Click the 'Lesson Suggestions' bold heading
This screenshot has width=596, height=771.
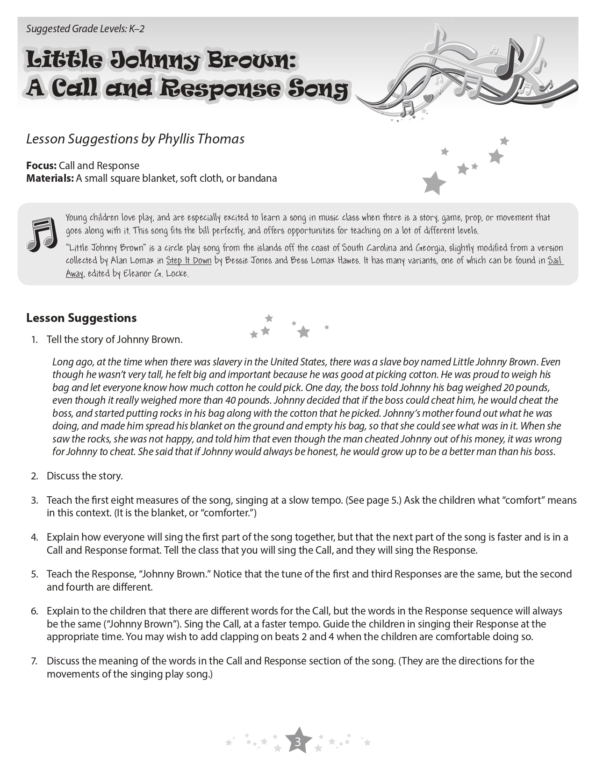click(81, 318)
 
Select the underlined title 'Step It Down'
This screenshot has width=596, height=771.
click(189, 261)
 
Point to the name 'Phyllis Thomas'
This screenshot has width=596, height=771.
click(201, 139)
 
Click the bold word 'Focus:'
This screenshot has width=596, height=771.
click(42, 165)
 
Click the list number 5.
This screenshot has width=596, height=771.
click(35, 574)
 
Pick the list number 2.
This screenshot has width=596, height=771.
click(35, 476)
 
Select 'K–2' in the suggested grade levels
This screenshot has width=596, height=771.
click(136, 29)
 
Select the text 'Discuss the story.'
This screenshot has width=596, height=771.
click(85, 476)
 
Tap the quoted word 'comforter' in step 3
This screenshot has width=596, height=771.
click(228, 513)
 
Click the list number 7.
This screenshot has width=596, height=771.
click(35, 661)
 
